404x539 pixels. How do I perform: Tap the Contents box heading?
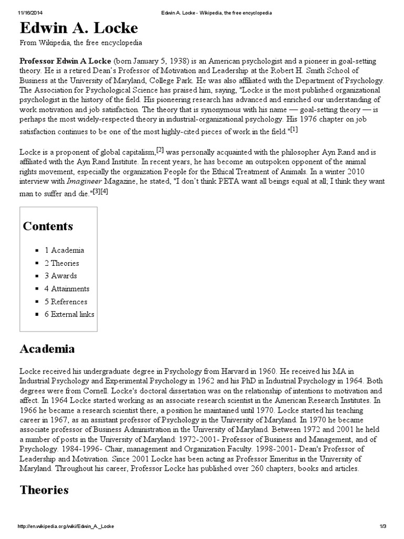(48, 226)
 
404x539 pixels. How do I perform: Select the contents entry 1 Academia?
(64, 250)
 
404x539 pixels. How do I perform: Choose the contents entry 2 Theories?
(62, 263)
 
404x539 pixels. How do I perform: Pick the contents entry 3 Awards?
(60, 276)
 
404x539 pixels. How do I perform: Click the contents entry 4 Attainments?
(67, 288)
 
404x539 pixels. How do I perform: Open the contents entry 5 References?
(66, 302)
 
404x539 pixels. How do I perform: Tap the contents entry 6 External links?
(69, 314)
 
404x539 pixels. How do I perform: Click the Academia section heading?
(47, 349)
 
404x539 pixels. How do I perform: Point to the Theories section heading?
(44, 490)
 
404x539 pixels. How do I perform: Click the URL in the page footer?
(66, 526)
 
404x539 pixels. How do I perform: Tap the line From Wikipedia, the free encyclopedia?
(80, 43)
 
